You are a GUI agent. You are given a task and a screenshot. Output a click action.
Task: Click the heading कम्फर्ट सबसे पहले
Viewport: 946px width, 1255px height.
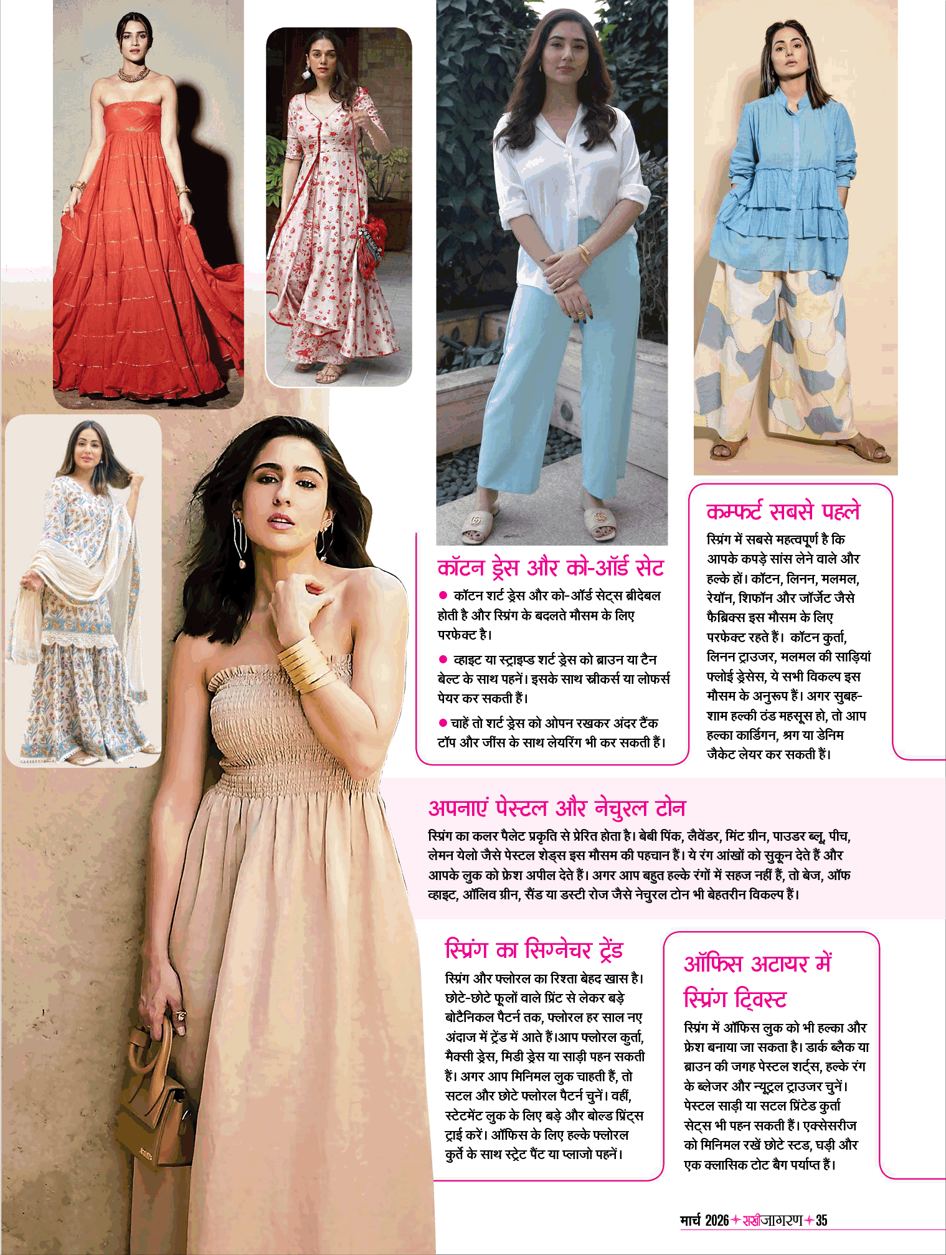pos(783,511)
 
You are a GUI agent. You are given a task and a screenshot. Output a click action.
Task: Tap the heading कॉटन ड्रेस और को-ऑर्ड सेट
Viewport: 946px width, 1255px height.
pos(551,568)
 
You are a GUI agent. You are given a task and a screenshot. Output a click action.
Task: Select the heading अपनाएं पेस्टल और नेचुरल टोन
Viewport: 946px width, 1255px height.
pos(557,808)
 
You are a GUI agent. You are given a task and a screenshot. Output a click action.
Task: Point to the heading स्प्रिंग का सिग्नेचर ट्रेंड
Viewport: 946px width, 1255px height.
pos(534,950)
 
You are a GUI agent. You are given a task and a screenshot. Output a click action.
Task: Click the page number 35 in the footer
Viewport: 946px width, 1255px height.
pos(821,1221)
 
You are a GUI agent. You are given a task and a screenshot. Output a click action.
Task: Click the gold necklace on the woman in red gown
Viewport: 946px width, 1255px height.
pos(134,75)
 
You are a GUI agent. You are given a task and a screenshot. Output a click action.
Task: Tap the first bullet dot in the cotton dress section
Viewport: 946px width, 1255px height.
pos(443,596)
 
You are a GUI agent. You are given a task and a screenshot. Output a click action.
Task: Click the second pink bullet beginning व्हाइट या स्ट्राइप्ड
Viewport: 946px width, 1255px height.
pos(443,660)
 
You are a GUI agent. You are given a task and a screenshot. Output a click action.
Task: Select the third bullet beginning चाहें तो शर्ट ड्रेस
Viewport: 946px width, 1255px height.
pos(443,723)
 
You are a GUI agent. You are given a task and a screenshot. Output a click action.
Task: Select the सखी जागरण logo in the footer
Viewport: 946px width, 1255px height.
pos(772,1221)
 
